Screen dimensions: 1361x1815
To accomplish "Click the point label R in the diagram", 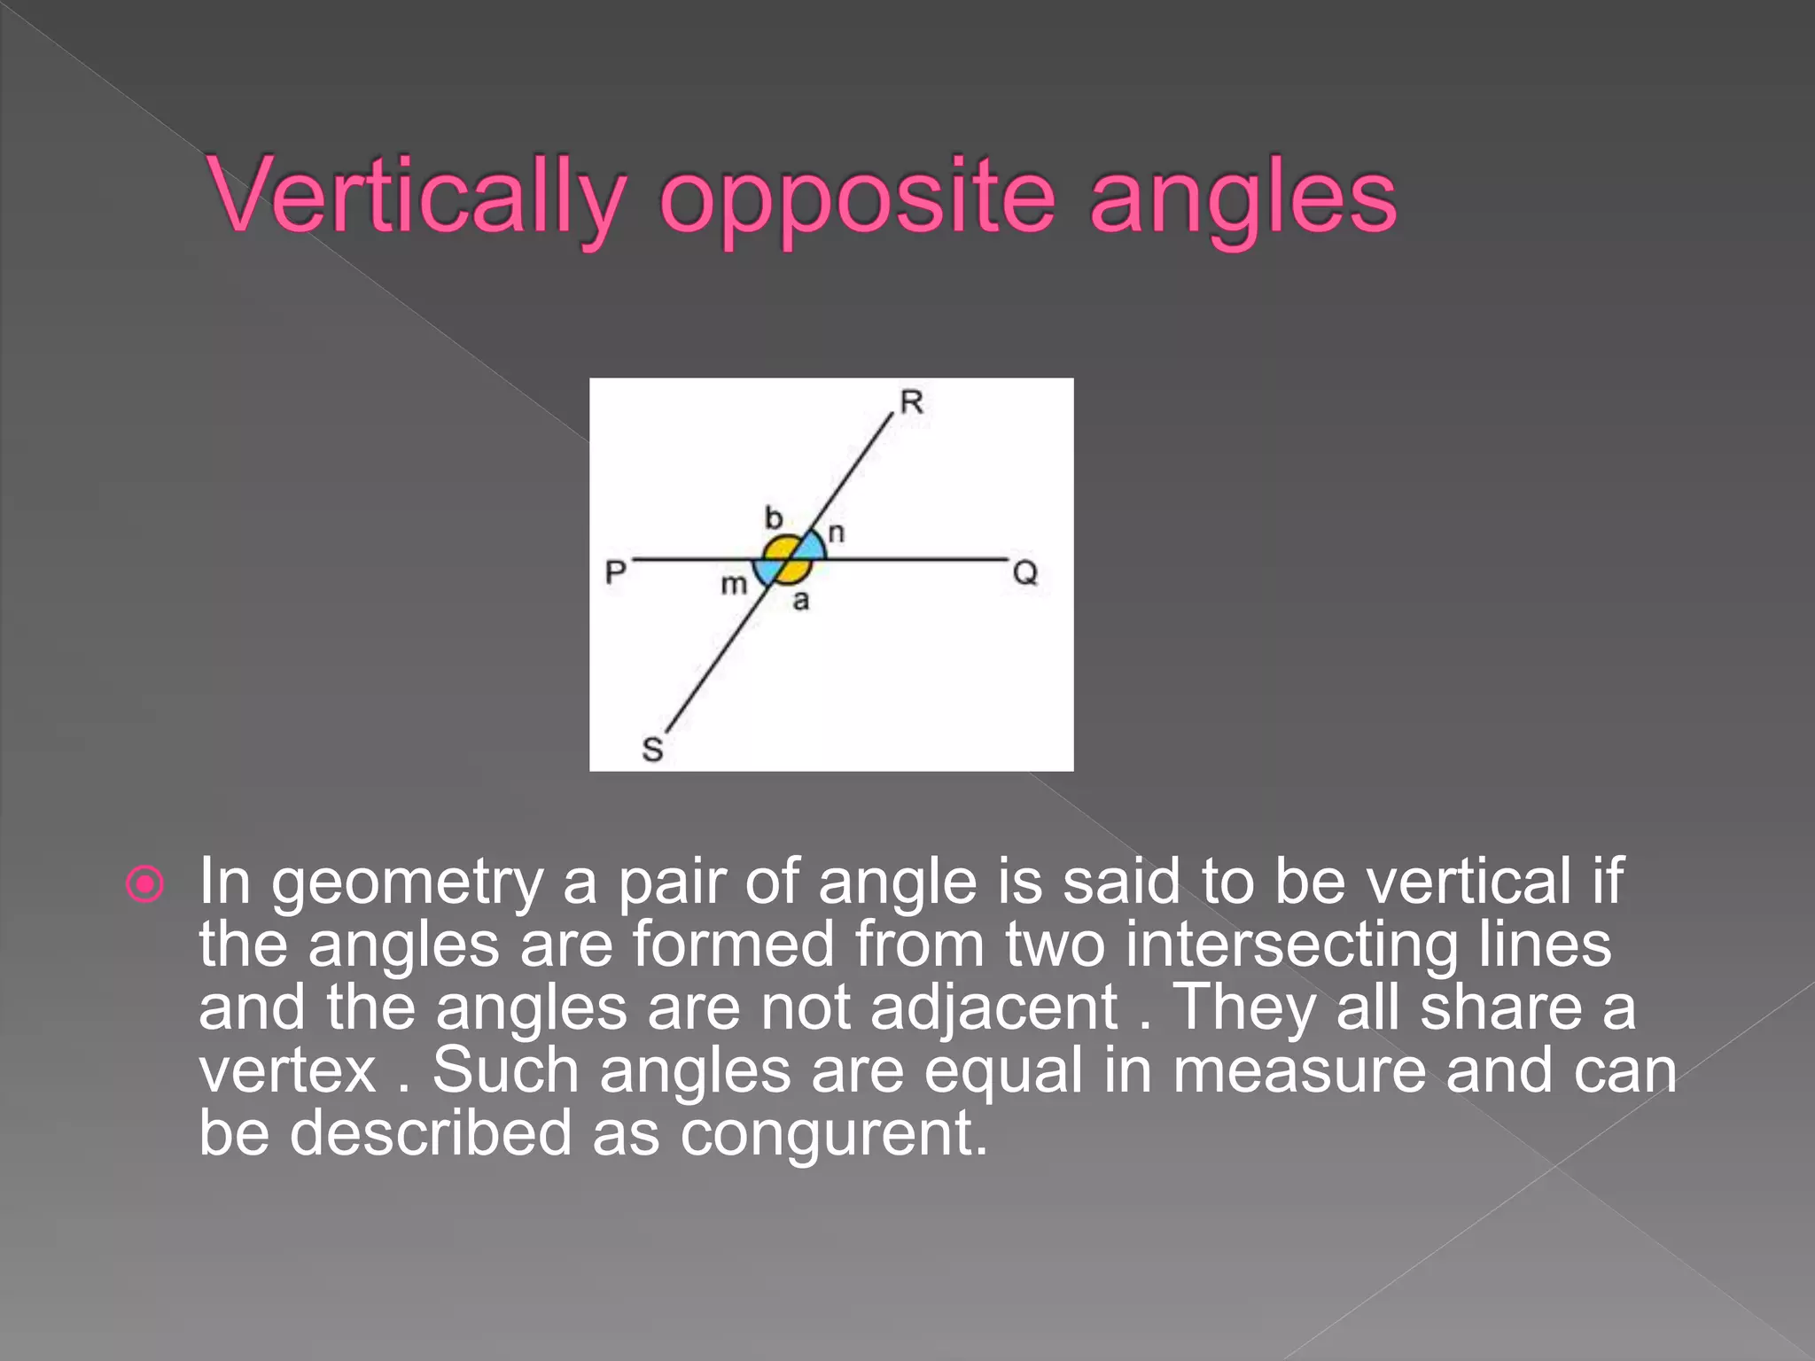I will [911, 402].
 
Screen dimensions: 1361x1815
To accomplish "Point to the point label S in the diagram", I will [652, 750].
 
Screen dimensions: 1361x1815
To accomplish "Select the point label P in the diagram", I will [615, 572].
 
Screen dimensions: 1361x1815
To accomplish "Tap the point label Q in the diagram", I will [1024, 573].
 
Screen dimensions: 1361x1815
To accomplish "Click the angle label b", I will [774, 517].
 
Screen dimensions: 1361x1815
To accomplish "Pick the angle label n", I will [836, 533].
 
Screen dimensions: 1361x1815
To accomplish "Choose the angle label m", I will [734, 585].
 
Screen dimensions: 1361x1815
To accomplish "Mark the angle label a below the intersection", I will [801, 602].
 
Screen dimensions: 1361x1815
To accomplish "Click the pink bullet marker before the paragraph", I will [145, 883].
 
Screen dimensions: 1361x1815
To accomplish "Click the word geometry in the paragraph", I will [407, 883].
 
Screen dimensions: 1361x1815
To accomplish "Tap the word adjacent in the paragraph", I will [993, 1008].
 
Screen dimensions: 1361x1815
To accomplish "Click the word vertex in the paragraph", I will [288, 1071].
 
